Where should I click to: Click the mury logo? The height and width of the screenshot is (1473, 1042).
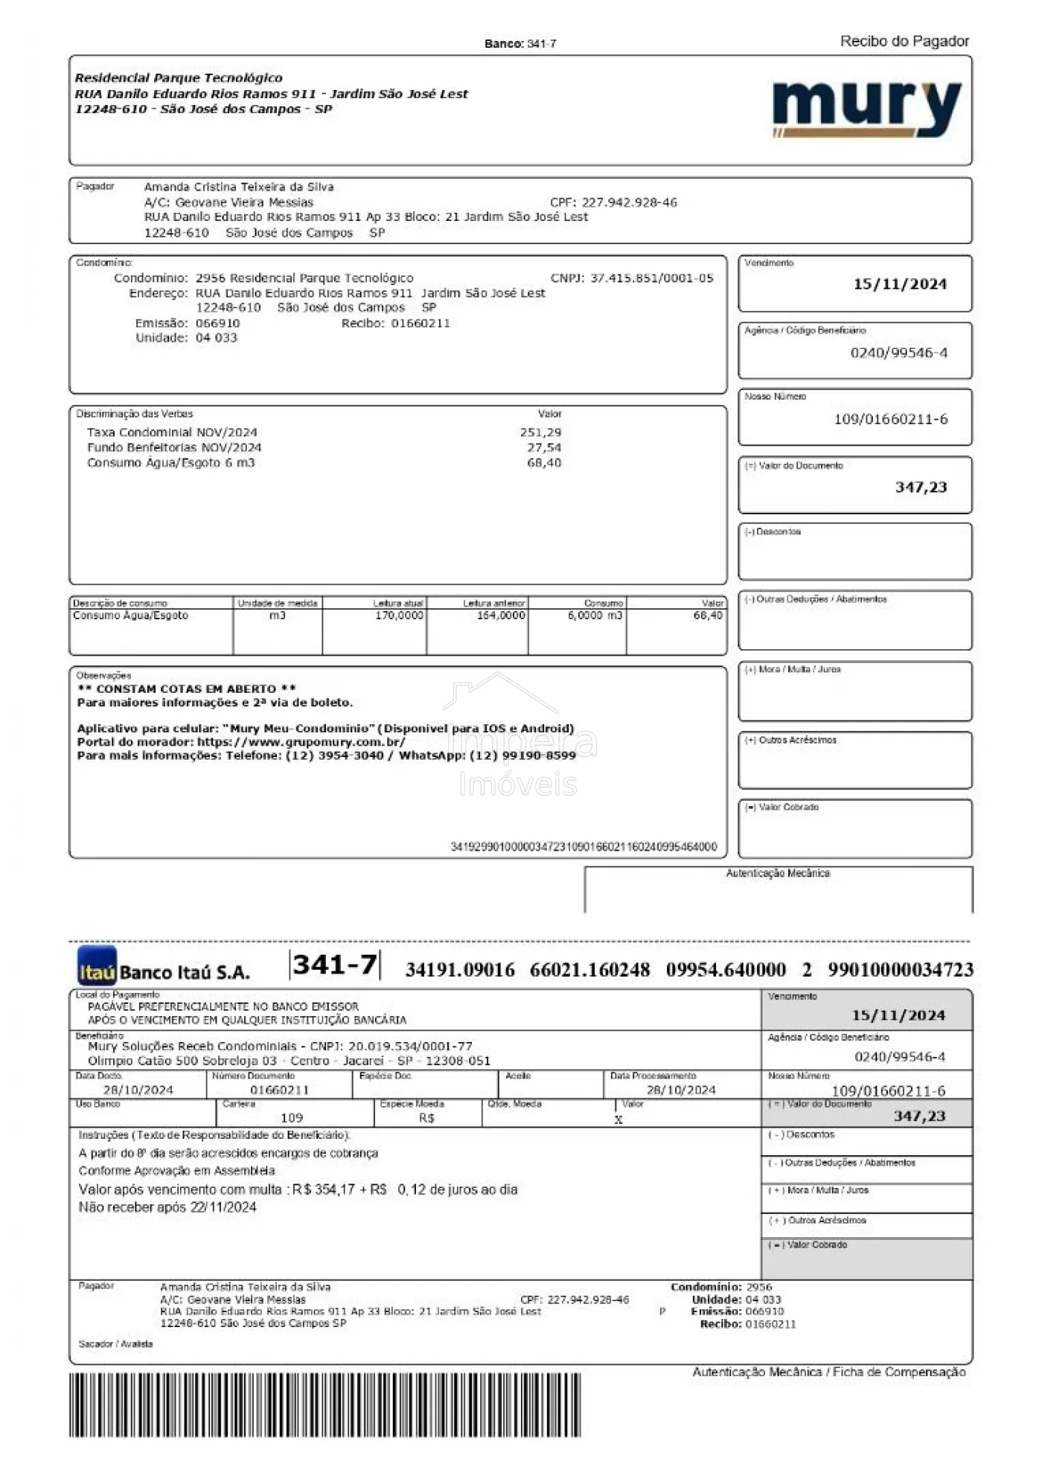click(x=867, y=109)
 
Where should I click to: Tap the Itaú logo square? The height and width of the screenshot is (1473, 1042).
click(x=97, y=966)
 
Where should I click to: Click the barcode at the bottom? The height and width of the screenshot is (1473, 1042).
click(x=325, y=1405)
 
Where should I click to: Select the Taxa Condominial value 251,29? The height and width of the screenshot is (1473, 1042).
click(x=541, y=432)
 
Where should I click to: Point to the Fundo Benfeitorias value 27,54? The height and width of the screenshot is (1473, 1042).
click(x=544, y=447)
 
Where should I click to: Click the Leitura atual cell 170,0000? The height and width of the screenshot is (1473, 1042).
click(x=399, y=616)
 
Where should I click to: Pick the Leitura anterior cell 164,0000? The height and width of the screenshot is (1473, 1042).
click(x=500, y=616)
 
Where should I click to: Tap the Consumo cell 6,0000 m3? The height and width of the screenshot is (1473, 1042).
click(x=595, y=616)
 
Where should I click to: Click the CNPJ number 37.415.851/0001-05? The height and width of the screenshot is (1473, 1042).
click(x=651, y=278)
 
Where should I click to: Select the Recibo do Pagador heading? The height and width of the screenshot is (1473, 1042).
click(x=904, y=42)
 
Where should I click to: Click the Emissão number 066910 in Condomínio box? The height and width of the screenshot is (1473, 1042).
click(x=217, y=323)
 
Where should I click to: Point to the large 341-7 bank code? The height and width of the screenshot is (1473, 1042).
click(x=335, y=965)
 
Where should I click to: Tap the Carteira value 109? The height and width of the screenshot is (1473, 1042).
click(x=292, y=1117)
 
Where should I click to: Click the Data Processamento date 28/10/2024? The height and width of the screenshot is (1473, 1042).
click(x=680, y=1090)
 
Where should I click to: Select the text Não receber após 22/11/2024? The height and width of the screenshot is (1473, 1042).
click(x=167, y=1207)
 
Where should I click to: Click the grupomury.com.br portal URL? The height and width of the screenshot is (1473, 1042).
click(x=301, y=742)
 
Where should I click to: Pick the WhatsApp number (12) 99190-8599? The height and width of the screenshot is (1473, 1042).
click(x=522, y=755)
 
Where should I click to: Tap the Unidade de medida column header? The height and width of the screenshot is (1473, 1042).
click(x=278, y=603)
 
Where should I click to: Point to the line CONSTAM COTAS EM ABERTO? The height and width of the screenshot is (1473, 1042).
click(x=187, y=689)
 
